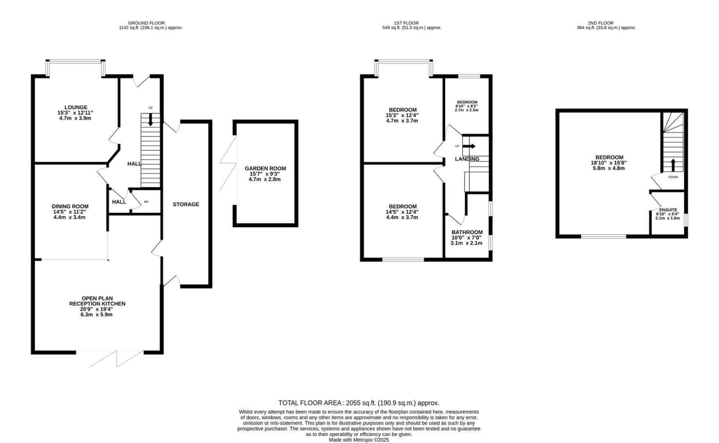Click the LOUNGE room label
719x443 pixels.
click(75, 107)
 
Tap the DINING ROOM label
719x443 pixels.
click(70, 206)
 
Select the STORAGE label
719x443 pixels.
click(186, 204)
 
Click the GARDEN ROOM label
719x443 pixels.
click(265, 168)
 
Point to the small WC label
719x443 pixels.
click(146, 202)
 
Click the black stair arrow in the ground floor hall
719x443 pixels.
click(150, 119)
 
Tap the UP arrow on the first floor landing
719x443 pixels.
click(470, 146)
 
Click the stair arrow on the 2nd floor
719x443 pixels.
click(673, 165)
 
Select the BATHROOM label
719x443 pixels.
click(467, 232)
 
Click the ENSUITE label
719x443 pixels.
click(668, 210)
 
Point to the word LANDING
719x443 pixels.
click(467, 159)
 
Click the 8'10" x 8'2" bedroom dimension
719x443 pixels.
click(466, 106)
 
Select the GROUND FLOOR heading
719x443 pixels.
click(146, 23)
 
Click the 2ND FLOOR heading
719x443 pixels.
click(606, 23)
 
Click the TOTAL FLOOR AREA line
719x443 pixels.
click(359, 403)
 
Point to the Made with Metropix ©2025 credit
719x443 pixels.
click(359, 440)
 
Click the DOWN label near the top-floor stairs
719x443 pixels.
click(673, 177)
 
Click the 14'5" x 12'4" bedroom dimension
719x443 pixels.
click(402, 212)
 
